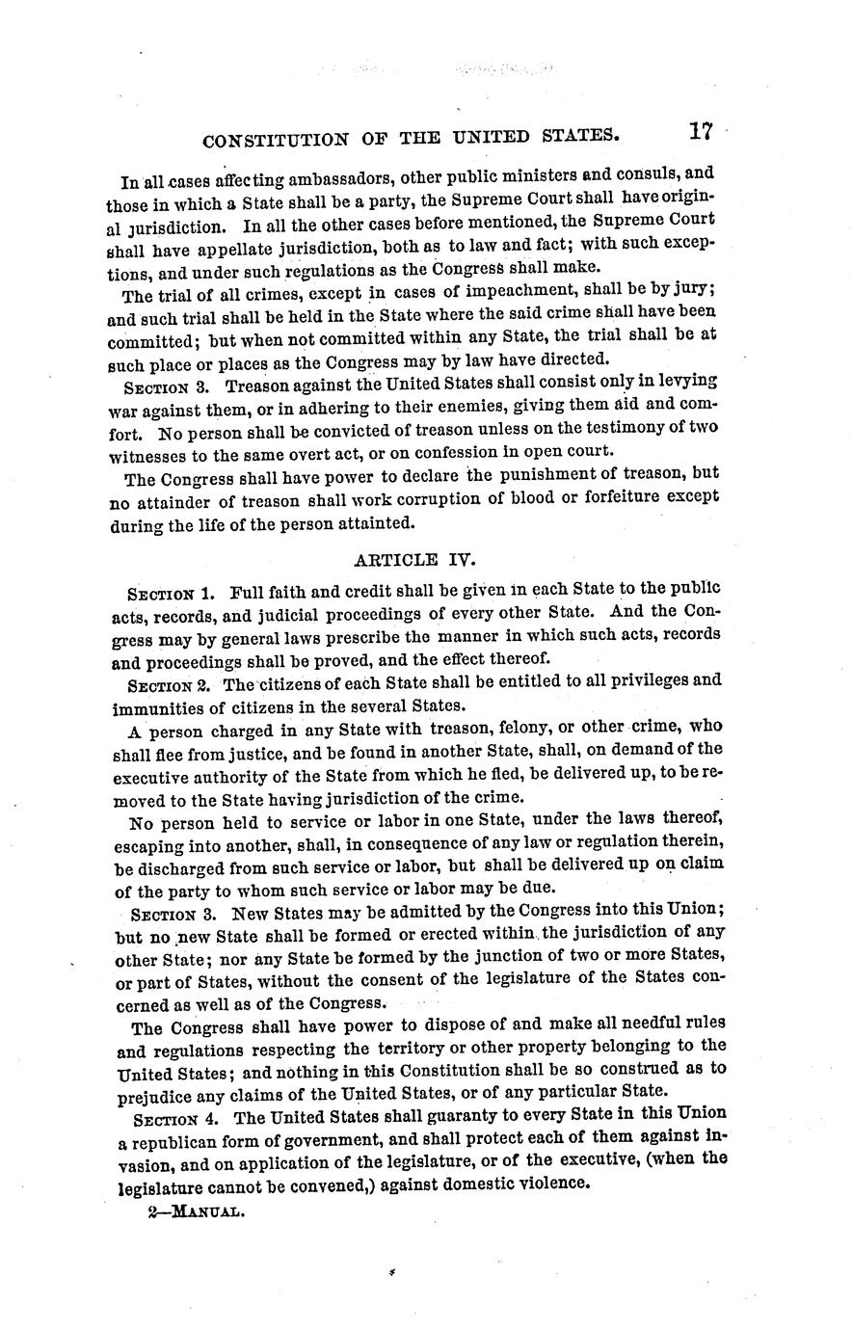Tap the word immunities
pyautogui.click(x=154, y=705)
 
